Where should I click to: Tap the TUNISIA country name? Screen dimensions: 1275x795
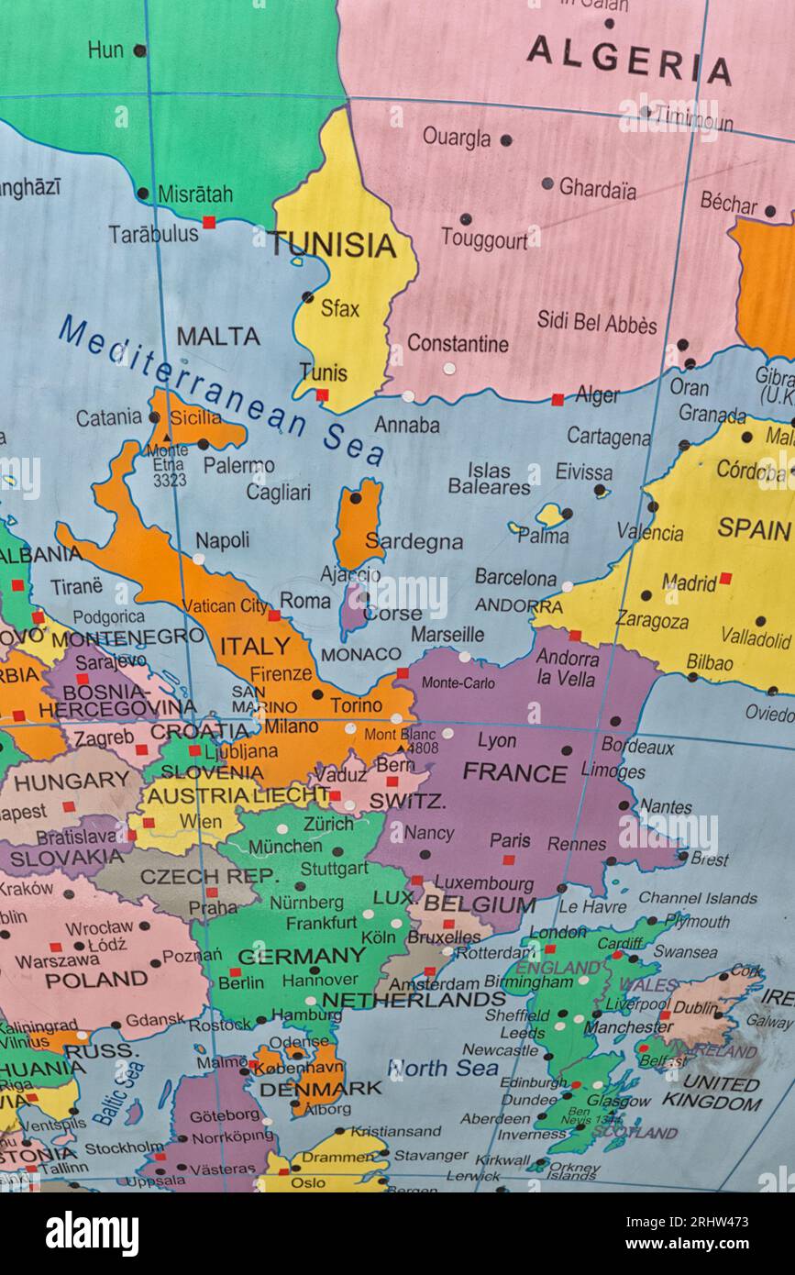(333, 245)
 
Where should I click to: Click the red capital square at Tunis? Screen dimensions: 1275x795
(322, 395)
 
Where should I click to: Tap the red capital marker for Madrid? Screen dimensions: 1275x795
(725, 578)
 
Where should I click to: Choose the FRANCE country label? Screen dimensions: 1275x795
(514, 772)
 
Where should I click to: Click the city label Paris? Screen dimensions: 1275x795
(510, 840)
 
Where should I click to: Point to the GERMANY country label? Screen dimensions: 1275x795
(302, 956)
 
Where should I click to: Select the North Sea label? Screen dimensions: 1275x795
(443, 1068)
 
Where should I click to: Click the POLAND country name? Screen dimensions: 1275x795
(95, 980)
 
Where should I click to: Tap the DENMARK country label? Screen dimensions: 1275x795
(320, 1089)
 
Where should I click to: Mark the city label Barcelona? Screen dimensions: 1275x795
(515, 578)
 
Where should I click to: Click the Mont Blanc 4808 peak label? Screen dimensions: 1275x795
(401, 741)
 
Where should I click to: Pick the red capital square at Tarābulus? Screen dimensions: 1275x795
(209, 222)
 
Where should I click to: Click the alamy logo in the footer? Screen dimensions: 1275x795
(92, 1233)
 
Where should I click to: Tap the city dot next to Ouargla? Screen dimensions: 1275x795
(505, 140)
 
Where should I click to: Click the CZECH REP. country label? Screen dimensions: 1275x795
(208, 876)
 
